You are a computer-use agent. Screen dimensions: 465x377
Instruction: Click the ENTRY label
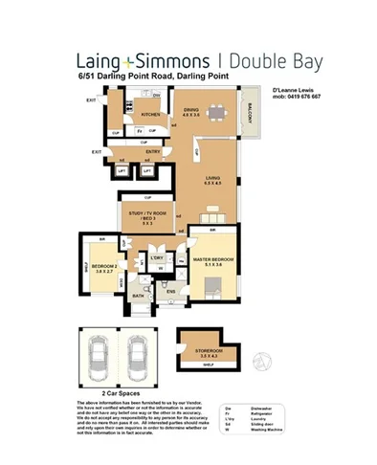152,151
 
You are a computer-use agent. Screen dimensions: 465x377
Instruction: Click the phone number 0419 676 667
300,97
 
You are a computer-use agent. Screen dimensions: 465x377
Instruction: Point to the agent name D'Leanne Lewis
294,89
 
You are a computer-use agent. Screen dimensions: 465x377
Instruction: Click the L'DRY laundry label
156,257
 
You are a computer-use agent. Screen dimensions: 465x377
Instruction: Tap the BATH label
138,297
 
